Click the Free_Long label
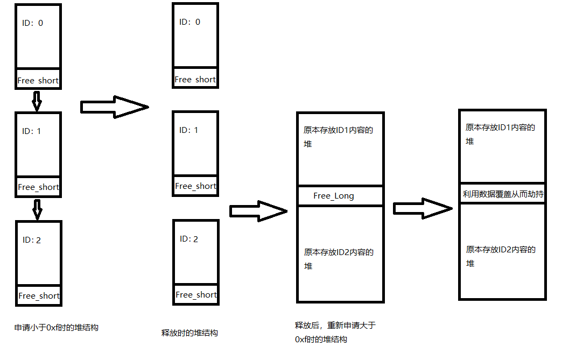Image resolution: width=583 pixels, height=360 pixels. point(334,196)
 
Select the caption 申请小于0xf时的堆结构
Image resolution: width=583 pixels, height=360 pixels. point(57,327)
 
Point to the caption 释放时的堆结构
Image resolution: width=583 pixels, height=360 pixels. point(189,333)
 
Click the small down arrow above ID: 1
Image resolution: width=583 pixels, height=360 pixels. point(37,101)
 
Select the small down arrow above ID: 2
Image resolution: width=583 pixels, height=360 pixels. point(37,209)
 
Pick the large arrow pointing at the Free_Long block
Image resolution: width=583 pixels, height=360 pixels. point(258,211)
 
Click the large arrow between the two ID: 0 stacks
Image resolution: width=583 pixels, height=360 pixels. point(114,107)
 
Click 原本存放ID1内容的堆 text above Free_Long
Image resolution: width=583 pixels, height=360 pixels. point(339,137)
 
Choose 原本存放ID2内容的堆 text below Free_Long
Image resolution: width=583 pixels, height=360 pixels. point(339,259)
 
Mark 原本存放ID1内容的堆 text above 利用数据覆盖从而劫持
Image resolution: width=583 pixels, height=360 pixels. point(500,134)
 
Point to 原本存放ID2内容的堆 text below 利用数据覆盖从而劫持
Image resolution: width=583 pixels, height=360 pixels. point(501,256)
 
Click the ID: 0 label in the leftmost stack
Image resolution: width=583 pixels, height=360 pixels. point(32,23)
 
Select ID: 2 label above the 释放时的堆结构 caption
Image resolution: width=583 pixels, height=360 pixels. point(189,238)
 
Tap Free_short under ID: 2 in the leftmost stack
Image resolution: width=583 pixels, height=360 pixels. point(39,295)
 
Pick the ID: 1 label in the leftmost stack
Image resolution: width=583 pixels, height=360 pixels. point(31,131)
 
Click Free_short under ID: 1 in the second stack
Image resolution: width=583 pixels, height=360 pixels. point(195,186)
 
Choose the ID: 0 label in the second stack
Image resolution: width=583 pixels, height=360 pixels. point(189,22)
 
